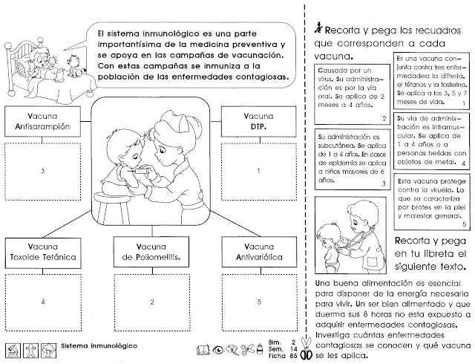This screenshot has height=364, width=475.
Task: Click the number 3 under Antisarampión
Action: pos(43,172)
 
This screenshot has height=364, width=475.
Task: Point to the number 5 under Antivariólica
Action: pos(258,302)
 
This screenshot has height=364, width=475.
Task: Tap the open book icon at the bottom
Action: pos(202,348)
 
